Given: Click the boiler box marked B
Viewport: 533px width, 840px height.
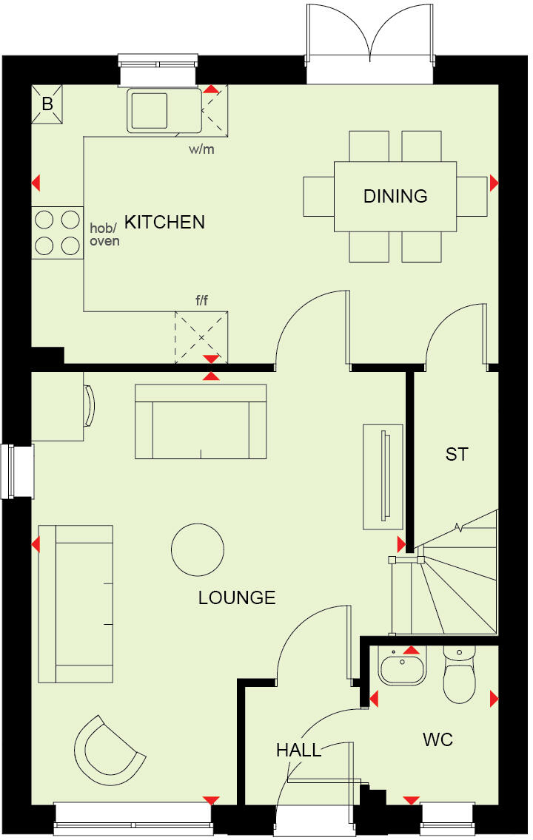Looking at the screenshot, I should click(x=47, y=104).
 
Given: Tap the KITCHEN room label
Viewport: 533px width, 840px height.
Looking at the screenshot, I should click(x=164, y=222).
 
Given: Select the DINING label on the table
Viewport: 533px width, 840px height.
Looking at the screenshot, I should click(x=395, y=196).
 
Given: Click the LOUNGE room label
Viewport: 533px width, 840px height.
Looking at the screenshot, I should click(x=237, y=597).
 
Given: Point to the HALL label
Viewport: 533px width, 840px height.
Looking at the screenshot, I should click(x=299, y=751).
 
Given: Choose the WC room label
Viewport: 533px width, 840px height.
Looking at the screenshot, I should click(x=438, y=739).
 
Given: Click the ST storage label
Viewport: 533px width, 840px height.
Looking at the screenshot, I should click(x=457, y=454).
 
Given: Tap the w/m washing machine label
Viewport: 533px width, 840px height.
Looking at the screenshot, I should click(x=201, y=149).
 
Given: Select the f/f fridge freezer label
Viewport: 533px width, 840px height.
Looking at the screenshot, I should click(x=201, y=301).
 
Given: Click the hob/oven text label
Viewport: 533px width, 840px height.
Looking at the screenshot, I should click(x=104, y=234).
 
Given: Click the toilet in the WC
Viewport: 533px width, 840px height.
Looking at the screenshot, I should click(x=459, y=677).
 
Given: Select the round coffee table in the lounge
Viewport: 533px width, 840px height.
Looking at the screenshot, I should click(x=198, y=549).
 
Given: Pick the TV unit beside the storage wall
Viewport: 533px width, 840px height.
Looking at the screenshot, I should click(x=383, y=476).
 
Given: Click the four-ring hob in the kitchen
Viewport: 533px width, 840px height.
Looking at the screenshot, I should click(x=58, y=231).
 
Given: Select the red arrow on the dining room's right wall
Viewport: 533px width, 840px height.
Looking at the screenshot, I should click(x=494, y=183).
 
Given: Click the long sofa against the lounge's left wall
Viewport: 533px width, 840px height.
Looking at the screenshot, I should click(x=76, y=603).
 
